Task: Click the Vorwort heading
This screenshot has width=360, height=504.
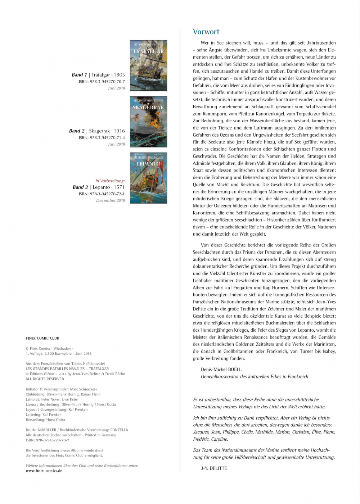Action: coord(206,32)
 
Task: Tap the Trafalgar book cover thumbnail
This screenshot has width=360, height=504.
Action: coord(148,65)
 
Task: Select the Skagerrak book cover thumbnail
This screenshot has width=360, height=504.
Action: coord(148,122)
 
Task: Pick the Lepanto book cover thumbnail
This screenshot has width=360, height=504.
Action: coord(148,178)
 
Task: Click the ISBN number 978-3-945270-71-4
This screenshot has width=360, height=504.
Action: coord(107,138)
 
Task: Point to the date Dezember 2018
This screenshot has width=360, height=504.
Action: coord(111,200)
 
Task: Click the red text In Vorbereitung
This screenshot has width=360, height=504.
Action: coord(110,181)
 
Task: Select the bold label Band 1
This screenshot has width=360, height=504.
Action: coord(79,75)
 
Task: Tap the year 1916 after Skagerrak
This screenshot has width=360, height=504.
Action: coord(119,131)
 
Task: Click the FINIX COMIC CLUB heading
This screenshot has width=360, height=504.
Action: coord(42,338)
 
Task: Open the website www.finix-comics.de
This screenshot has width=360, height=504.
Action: coord(44,471)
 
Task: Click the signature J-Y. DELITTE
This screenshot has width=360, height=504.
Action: coord(214,468)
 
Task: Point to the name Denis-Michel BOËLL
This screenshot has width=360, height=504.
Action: coord(221,369)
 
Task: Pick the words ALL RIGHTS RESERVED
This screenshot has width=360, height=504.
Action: coord(45,379)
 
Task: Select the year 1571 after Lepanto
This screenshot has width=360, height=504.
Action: coord(119,187)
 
